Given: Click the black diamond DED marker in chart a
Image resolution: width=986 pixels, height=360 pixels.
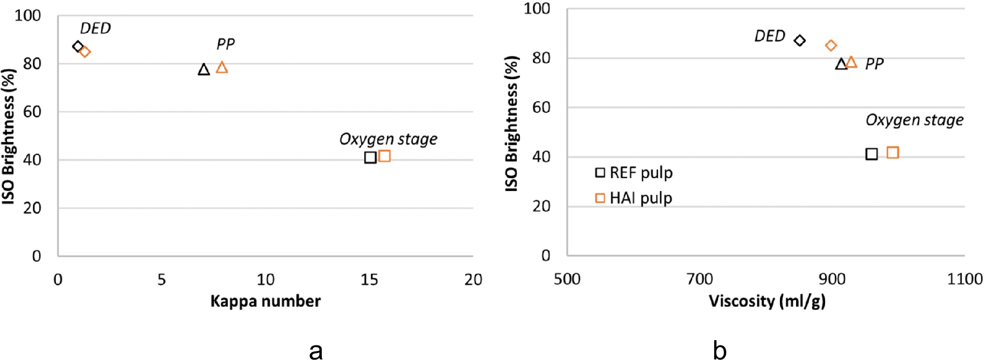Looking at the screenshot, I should [x=78, y=47].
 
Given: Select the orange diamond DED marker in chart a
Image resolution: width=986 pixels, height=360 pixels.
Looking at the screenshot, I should [x=85, y=52].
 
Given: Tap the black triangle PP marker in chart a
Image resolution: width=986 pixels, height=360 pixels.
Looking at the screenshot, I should [x=203, y=69].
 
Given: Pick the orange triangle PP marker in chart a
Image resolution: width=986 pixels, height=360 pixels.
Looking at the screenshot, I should [x=222, y=67].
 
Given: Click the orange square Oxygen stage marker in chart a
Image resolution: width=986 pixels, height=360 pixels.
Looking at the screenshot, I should [x=384, y=156].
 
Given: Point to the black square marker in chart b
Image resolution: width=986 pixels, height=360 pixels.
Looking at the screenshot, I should [x=871, y=154].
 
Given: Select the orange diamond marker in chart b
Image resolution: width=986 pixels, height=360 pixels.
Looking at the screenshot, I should [x=831, y=46].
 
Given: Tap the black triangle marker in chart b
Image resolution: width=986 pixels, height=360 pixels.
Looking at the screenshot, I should [x=841, y=64].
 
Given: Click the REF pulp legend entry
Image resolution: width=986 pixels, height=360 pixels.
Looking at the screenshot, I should [x=634, y=173].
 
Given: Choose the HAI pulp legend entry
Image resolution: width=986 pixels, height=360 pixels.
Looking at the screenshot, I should [x=634, y=198].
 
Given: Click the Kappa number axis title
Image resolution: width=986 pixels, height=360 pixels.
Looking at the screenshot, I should [x=265, y=301].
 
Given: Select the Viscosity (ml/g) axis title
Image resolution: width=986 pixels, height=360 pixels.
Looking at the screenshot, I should [x=767, y=301].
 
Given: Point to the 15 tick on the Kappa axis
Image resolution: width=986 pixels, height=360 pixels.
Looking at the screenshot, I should [x=369, y=279].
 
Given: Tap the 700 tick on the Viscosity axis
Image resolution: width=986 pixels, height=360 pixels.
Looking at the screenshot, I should [x=700, y=279].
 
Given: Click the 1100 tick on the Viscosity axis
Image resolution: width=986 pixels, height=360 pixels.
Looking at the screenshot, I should [x=964, y=279].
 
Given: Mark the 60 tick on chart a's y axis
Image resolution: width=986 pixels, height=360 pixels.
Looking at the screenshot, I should [x=32, y=112].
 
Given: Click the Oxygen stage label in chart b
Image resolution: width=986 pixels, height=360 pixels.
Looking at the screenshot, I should [x=914, y=120].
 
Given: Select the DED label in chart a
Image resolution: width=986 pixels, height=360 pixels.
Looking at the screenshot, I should [x=95, y=28].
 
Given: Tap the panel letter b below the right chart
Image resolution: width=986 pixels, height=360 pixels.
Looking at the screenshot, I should [x=720, y=350].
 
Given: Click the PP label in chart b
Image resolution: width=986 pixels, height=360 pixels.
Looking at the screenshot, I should [x=874, y=64].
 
